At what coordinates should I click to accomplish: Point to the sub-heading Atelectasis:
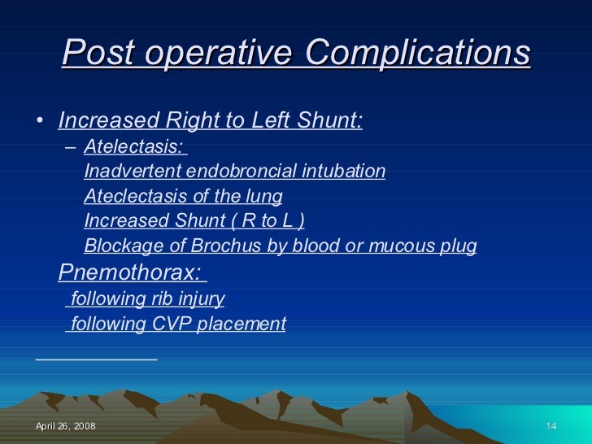tap(133, 147)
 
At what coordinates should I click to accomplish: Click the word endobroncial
tap(236, 172)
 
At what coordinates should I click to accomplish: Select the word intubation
tap(346, 172)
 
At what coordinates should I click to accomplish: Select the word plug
tap(459, 246)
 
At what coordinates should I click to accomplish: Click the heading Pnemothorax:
tap(130, 272)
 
